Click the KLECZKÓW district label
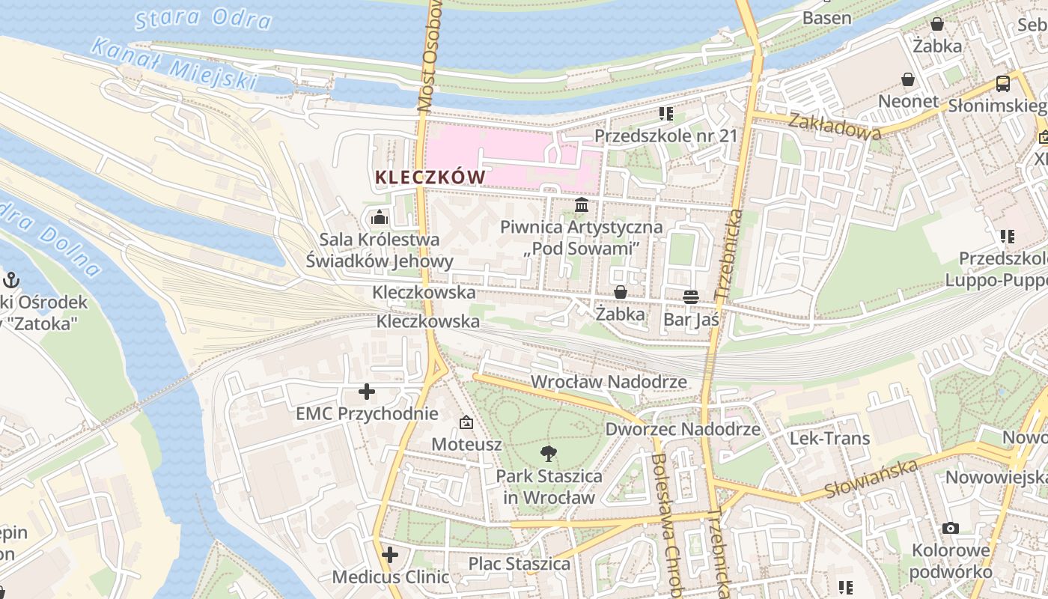[430, 177]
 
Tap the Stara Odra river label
[203, 19]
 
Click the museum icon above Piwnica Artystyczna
[581, 204]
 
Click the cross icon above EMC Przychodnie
[367, 392]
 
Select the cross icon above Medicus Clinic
[390, 555]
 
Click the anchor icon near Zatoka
[10, 280]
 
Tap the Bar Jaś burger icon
[690, 297]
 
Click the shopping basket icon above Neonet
[908, 79]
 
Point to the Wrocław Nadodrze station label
[609, 382]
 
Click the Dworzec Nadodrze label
[683, 430]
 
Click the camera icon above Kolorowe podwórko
[951, 529]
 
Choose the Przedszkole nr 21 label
[665, 136]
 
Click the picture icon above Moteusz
[466, 423]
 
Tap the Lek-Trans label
[830, 439]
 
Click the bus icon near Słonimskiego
[1002, 84]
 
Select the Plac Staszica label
[520, 564]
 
